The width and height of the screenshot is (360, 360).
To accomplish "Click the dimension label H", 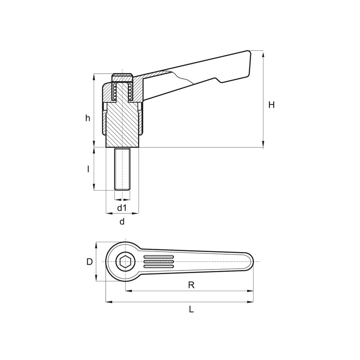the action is point(271,105).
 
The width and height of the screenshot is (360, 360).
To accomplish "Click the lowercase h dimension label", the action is point(88,118).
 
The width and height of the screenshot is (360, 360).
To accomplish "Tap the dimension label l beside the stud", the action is point(88,169).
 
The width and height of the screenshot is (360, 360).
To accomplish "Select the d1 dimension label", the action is point(122,208).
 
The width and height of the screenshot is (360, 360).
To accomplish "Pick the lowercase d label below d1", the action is point(122,221).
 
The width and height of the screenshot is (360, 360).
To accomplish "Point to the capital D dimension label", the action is point(90,262).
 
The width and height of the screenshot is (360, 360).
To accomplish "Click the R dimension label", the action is point(191,285).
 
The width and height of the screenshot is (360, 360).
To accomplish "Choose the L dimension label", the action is point(192,309).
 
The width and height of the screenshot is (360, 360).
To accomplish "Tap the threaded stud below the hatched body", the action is point(122,169).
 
